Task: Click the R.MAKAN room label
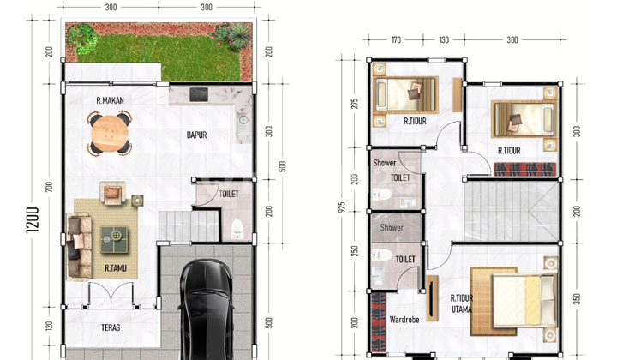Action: [x=111, y=100]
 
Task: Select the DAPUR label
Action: [x=197, y=135]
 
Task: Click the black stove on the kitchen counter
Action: [x=199, y=94]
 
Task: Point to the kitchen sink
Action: [x=243, y=119]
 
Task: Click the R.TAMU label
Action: [x=116, y=268]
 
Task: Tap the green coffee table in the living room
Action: [x=114, y=239]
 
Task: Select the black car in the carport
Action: [x=206, y=309]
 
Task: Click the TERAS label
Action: [x=111, y=327]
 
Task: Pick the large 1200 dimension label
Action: [x=33, y=220]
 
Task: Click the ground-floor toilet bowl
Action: [x=237, y=230]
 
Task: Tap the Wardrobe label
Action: [x=404, y=320]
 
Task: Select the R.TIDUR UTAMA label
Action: [x=462, y=303]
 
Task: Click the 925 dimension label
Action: [x=342, y=207]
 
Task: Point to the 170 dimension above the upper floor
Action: [x=396, y=39]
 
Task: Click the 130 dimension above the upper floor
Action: [x=444, y=39]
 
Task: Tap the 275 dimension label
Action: [x=355, y=104]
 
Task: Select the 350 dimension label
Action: [x=577, y=299]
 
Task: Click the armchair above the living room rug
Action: [x=112, y=193]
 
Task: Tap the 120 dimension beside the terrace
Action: [x=49, y=326]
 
